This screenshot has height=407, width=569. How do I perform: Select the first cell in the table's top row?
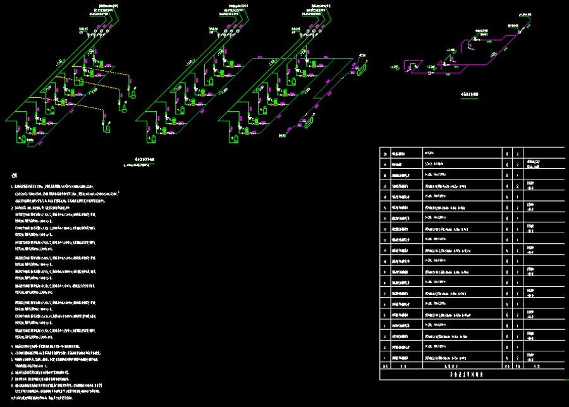(385, 154)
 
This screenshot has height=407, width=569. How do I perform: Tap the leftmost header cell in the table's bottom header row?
(385, 366)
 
